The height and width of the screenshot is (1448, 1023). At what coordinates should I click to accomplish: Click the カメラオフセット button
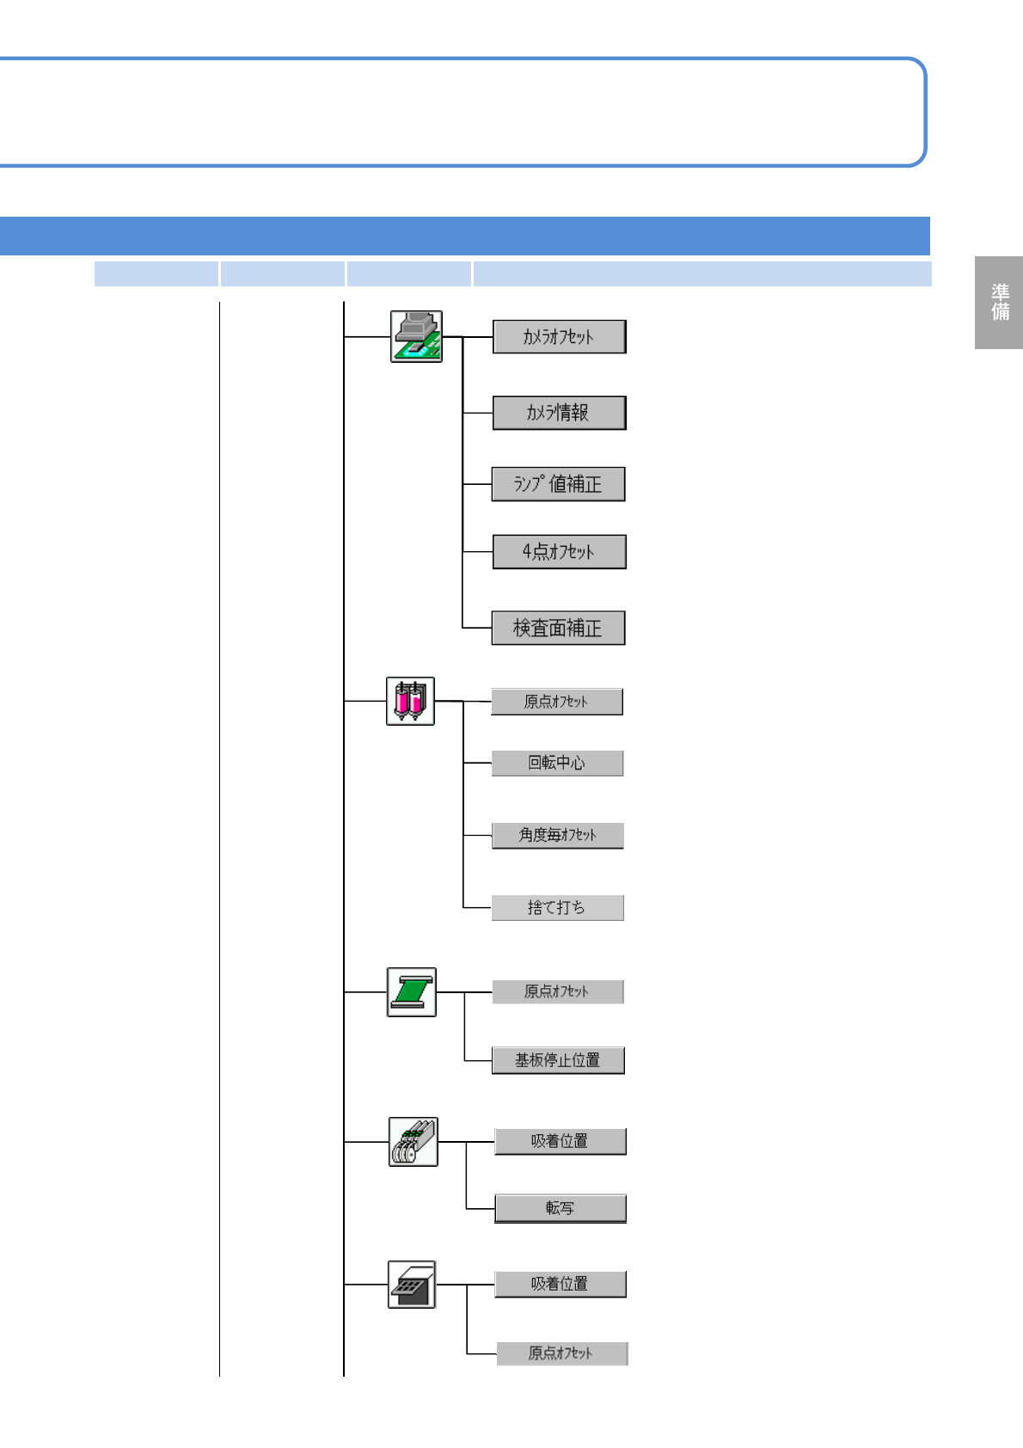coord(559,336)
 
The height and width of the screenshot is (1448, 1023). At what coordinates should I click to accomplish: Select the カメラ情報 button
coord(559,413)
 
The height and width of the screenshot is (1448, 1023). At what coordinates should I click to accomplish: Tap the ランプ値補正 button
coord(558,484)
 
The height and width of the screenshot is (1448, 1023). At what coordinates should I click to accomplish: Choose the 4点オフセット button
coord(559,552)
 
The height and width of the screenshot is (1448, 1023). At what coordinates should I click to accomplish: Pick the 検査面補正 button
coord(558,628)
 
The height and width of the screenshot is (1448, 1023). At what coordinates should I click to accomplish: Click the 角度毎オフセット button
coord(557,835)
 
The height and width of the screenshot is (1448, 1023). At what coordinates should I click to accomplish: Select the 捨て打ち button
coord(557,908)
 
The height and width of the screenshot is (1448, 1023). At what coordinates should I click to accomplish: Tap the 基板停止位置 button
coord(558,1060)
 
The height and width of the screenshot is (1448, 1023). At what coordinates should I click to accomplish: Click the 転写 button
coord(560,1208)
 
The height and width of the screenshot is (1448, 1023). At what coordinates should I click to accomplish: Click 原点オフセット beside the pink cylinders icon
coord(557,702)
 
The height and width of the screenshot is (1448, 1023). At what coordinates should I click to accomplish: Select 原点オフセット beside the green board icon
coord(557,991)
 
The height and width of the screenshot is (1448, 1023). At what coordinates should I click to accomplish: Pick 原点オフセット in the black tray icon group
coord(561,1353)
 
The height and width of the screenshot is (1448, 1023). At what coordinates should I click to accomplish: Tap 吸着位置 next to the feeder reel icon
coord(560,1141)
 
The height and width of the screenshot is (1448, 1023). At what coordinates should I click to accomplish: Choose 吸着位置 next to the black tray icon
coord(560,1284)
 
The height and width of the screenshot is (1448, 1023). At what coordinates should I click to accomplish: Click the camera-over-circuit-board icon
coord(416,336)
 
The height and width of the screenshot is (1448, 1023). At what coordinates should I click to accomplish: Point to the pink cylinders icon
coord(410,701)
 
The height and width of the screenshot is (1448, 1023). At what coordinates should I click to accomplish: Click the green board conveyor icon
coord(411,991)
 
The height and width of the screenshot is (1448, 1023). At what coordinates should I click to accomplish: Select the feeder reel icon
coord(413,1142)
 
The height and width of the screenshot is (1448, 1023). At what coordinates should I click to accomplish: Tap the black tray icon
coord(412,1285)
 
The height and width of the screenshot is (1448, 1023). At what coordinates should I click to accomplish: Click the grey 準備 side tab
coord(999,303)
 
